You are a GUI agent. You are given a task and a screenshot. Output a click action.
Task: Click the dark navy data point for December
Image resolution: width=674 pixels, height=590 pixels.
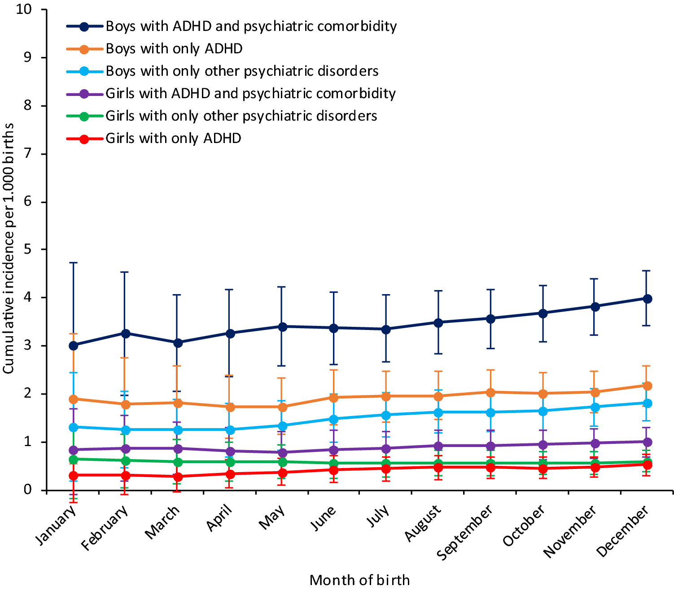[x=647, y=299]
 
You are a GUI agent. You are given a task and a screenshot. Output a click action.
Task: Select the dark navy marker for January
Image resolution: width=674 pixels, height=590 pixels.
[x=73, y=345]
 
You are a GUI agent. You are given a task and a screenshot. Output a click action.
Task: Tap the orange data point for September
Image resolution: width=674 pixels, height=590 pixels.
[x=490, y=392]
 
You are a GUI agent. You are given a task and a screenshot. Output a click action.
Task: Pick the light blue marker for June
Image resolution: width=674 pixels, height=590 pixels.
[x=333, y=419]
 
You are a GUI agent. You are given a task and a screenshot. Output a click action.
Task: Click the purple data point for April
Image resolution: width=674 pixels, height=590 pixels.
[x=230, y=451]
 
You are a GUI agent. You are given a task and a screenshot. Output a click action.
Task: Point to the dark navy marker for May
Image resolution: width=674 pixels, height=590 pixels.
[x=282, y=327]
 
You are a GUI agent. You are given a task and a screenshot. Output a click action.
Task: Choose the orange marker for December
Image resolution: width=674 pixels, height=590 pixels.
[x=647, y=386]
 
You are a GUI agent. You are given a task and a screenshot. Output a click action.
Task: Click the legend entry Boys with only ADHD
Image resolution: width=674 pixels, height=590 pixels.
[x=174, y=48]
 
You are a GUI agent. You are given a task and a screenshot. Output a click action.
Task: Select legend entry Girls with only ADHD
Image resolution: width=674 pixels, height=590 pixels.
[x=173, y=138]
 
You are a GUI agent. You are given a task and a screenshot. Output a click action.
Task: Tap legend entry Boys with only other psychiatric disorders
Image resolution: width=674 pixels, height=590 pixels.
[x=242, y=71]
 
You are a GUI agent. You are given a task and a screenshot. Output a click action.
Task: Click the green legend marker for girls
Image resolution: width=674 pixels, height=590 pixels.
[x=84, y=116]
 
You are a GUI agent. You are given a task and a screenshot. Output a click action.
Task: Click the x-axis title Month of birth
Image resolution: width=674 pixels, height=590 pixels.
[x=359, y=580]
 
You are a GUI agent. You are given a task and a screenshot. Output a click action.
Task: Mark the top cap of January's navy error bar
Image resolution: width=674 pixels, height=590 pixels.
[x=73, y=262]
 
